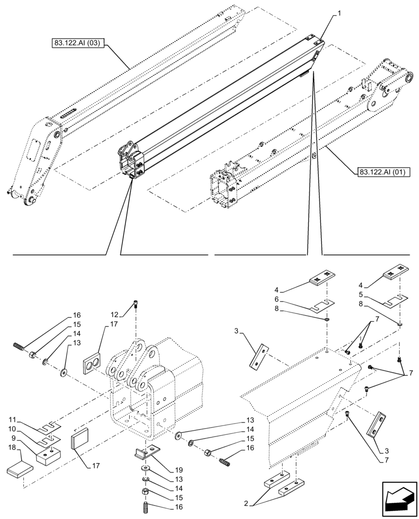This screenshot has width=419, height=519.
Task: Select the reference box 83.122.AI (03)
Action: [x=78, y=44]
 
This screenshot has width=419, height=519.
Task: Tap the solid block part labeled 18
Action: [x=20, y=470]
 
